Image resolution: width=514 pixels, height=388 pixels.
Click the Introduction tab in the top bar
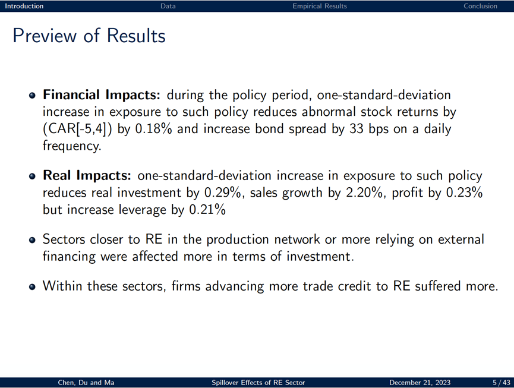24,6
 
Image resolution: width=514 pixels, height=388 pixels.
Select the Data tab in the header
168,6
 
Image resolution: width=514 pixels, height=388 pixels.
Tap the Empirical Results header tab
320,6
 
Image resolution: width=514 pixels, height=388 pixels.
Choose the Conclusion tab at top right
480,6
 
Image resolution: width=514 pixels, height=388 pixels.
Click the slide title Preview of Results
89,36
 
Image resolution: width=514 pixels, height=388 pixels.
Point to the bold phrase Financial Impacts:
102,94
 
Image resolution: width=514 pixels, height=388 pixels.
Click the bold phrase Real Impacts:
87,175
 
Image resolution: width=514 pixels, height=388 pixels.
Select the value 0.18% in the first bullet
153,129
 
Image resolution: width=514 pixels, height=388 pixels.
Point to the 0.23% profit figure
464,193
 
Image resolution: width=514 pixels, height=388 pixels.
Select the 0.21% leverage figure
207,209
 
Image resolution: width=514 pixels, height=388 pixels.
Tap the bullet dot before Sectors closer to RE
32,240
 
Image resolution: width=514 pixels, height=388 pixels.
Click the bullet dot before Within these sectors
32,287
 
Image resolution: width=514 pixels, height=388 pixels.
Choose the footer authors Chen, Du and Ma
86,383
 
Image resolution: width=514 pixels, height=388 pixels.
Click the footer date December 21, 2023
420,383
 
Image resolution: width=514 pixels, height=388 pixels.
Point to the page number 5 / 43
502,383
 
